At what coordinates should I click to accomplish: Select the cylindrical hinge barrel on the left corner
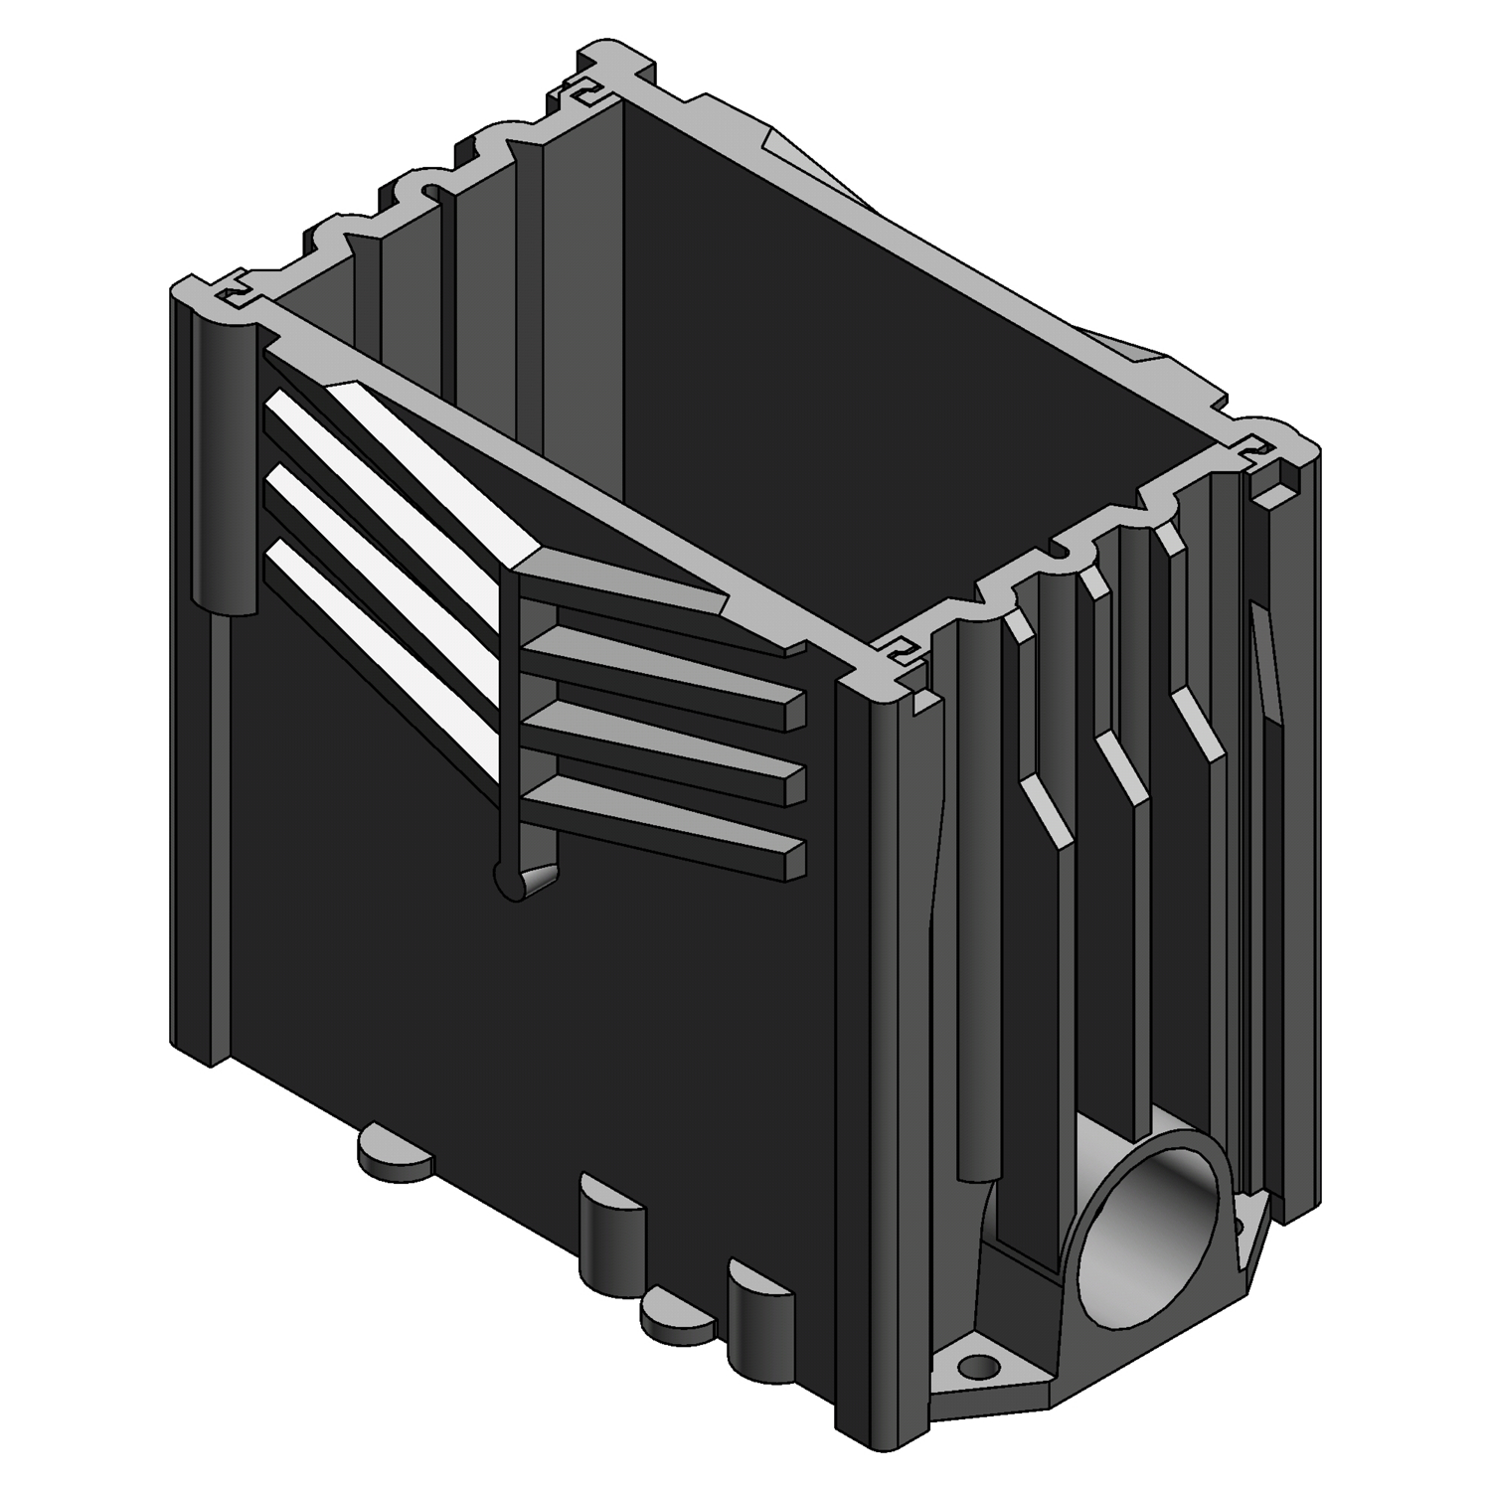click(222, 467)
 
